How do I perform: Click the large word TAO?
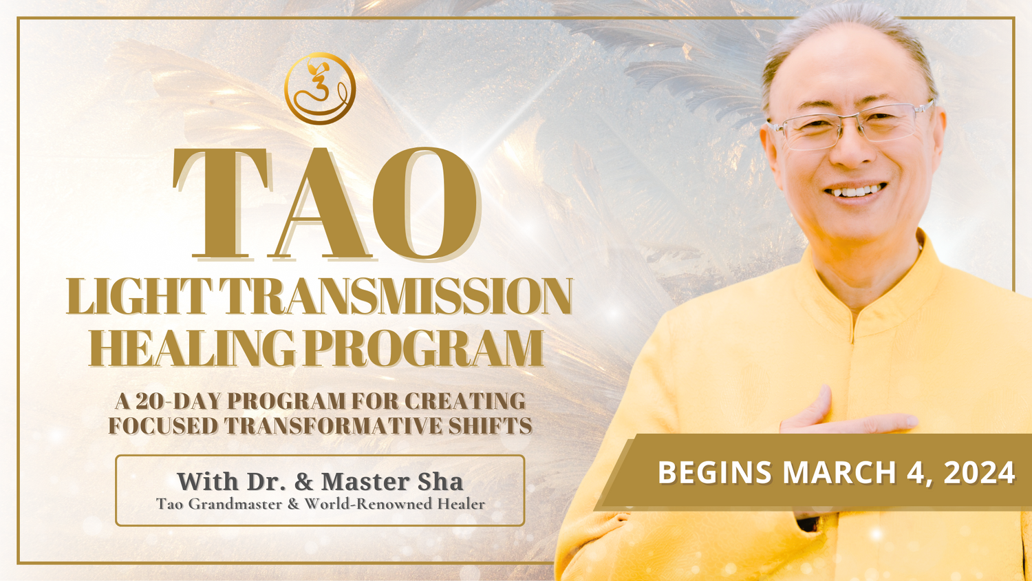point(326,203)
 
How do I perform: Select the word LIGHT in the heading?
point(139,297)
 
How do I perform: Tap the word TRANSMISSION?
point(396,297)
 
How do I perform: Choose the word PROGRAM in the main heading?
point(423,348)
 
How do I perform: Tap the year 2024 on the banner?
point(979,472)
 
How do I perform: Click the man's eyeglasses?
point(849,126)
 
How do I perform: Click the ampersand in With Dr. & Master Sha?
point(304,481)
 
